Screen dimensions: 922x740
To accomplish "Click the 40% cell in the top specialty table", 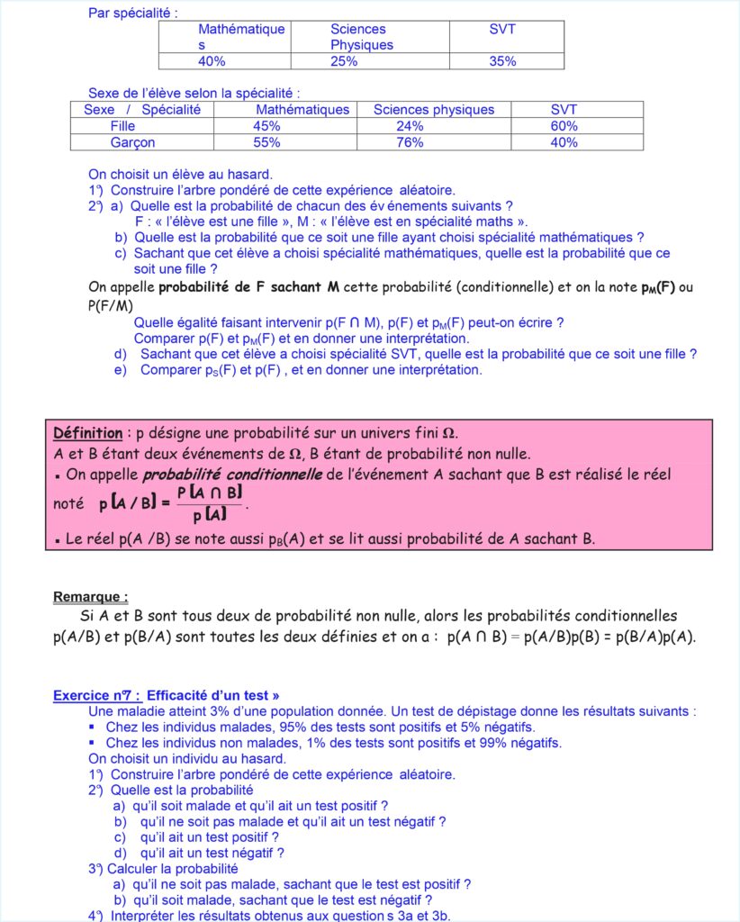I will (x=212, y=61).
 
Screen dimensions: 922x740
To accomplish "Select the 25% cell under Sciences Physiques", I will (x=344, y=61).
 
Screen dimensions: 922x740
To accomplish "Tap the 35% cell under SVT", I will (x=503, y=61).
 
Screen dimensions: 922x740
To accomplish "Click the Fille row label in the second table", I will (x=122, y=126).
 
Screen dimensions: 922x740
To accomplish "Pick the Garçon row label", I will (x=132, y=142).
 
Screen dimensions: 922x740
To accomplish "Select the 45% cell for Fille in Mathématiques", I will (x=266, y=126).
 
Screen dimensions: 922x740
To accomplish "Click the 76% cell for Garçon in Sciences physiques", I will (x=410, y=142).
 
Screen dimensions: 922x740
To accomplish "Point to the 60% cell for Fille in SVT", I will (x=564, y=126).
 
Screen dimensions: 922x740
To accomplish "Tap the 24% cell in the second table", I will (x=410, y=126).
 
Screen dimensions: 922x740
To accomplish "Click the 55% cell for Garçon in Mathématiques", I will (x=266, y=142).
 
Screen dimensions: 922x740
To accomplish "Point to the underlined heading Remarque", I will (x=90, y=596).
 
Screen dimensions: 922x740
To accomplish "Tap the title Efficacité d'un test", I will (x=212, y=695).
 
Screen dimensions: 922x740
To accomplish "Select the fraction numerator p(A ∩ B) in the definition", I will (x=210, y=493).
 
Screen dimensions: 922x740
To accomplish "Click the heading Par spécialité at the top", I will (x=133, y=14).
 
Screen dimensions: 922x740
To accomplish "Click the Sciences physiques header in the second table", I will (x=433, y=110).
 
